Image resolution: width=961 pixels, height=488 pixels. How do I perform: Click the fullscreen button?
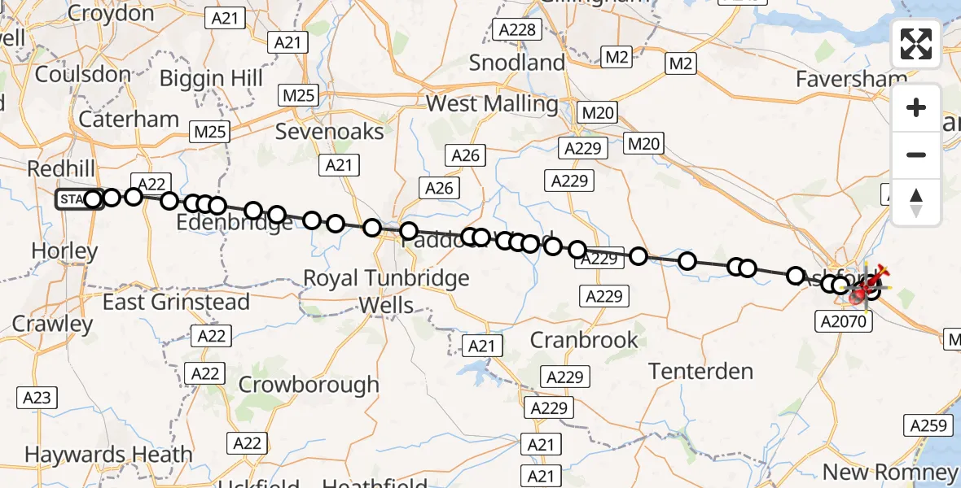pos(916,44)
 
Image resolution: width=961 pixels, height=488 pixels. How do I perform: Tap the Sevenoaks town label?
pos(329,131)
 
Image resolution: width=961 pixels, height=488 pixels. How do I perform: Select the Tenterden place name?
pos(701,372)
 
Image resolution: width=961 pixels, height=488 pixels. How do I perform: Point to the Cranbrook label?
pos(584,339)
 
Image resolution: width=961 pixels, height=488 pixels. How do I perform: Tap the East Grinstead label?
pos(176,302)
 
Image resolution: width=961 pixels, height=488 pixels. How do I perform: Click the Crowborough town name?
pos(309,384)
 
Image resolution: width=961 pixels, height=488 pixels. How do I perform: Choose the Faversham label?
pos(852,79)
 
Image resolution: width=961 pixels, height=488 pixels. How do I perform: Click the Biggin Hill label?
pos(211,78)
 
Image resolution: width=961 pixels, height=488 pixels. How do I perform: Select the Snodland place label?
pos(517,63)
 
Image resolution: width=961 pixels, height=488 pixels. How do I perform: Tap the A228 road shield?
pos(516,30)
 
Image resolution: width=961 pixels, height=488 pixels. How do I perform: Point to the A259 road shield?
pos(927,425)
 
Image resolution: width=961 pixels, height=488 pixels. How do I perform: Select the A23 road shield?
pos(37,398)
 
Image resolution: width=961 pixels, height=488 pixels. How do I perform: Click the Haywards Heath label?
pos(108,455)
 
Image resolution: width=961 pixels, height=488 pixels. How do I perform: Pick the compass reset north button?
pos(916,202)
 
